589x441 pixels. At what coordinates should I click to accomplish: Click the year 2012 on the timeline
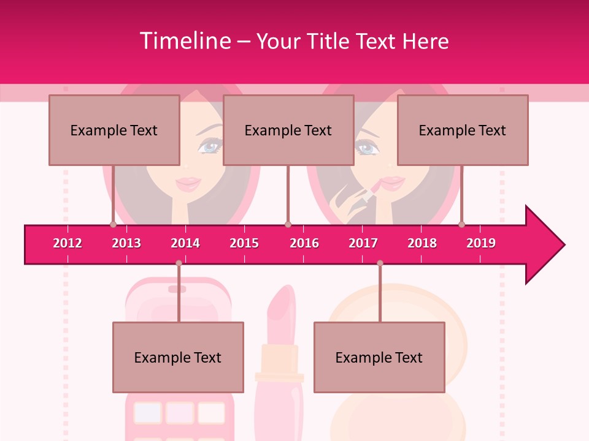coord(67,243)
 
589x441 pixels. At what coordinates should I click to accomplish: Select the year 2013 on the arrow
coord(126,243)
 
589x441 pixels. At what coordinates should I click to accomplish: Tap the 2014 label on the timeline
coord(185,243)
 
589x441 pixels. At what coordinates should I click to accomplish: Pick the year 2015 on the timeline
coord(244,243)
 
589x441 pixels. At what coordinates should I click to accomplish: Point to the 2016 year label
coord(304,243)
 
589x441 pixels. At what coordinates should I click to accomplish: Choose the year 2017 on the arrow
coord(363,243)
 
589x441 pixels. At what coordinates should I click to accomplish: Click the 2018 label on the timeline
coord(422,243)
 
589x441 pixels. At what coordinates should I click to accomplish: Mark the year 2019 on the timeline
coord(481,243)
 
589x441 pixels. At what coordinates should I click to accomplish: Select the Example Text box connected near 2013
coord(114,130)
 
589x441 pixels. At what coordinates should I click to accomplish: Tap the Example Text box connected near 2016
coord(288,130)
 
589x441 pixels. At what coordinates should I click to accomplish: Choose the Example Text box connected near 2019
coord(463,130)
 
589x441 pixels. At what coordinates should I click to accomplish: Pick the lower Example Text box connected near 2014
coord(178,357)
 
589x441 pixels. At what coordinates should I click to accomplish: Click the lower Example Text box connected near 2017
coord(379,357)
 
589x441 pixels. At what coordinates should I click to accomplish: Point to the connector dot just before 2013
coord(113,225)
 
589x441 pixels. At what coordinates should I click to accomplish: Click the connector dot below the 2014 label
coord(179,263)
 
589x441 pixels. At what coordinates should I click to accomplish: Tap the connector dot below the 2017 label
coord(380,263)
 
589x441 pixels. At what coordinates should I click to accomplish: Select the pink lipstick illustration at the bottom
coord(280,367)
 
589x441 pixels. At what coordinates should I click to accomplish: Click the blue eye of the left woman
coord(210,147)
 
